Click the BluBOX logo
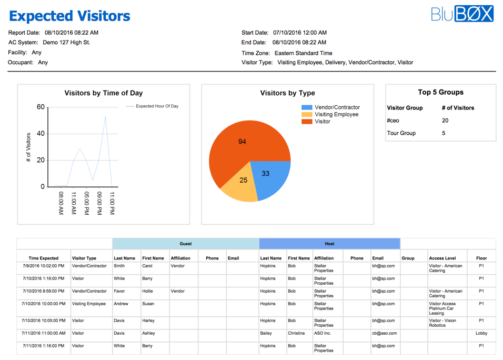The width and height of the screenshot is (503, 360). coord(462,14)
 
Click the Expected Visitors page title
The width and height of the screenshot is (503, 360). coord(69,16)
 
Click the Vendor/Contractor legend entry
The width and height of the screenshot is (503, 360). coord(337,107)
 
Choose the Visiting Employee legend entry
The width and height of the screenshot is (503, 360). coord(336,114)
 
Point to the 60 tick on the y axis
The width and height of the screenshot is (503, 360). coord(41,107)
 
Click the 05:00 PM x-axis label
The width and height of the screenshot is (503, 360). coord(86,203)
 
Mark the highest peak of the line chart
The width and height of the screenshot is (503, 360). coord(106,117)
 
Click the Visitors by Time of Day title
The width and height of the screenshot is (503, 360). coord(104,93)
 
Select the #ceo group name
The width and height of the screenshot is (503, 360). coord(393,121)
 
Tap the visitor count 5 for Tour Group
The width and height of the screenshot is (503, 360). coord(444,133)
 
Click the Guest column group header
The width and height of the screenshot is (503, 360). coord(186,244)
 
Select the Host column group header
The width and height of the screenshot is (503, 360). coord(329,244)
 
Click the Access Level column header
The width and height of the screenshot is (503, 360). coord(442,258)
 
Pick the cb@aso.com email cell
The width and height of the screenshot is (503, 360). coord(384,333)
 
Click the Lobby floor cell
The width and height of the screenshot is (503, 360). coord(481,333)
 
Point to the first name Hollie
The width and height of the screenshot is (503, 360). coord(148,291)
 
